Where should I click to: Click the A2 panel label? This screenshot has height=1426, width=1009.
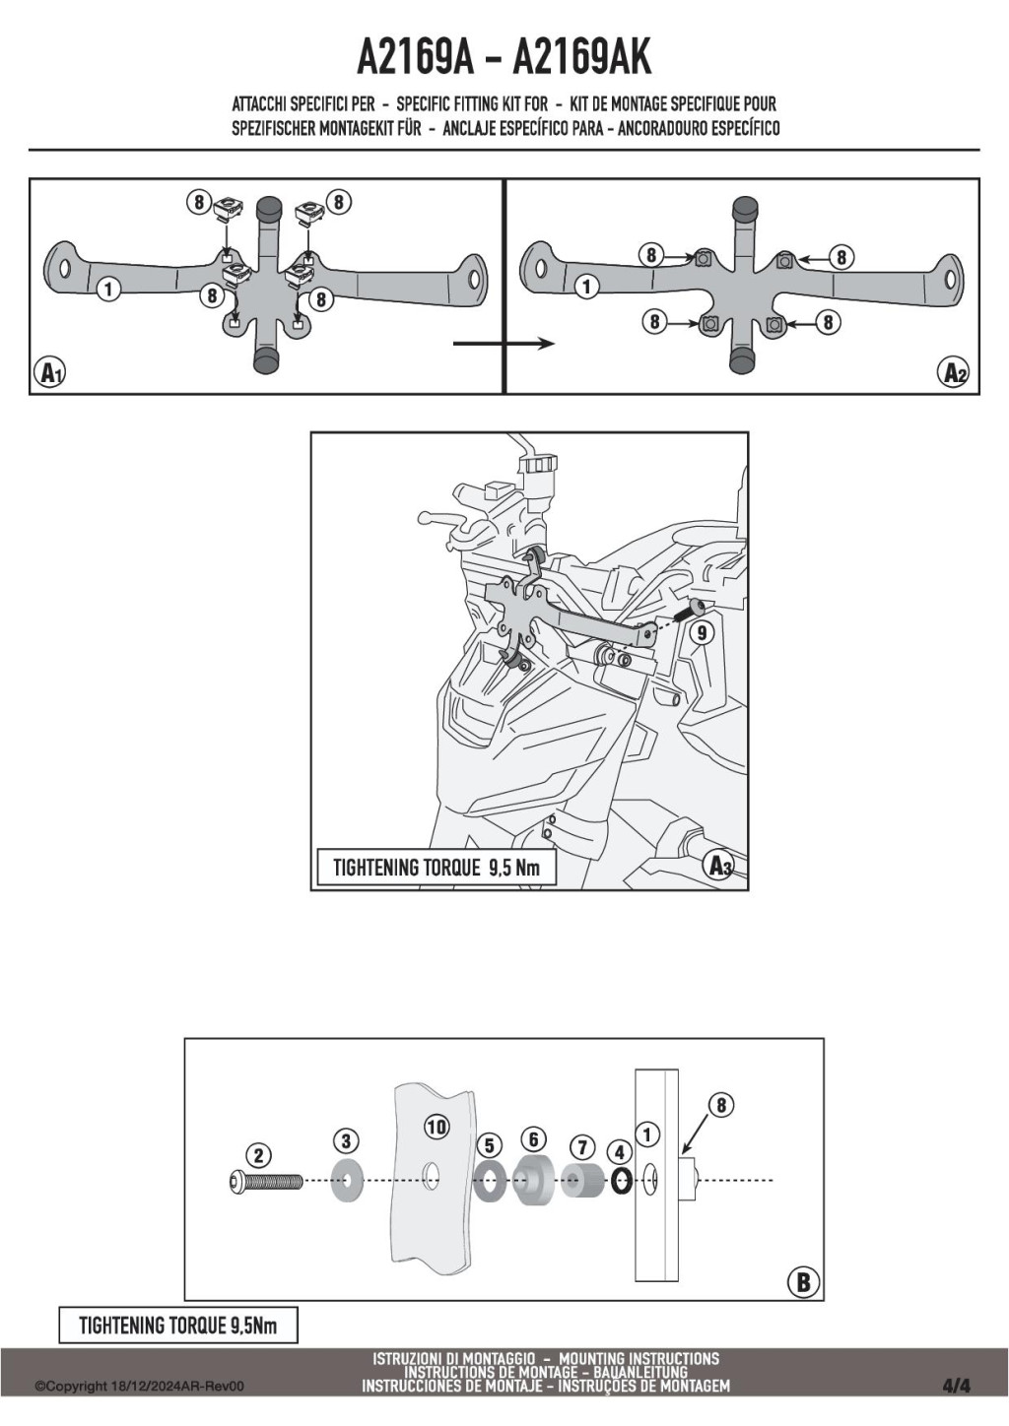click(x=952, y=373)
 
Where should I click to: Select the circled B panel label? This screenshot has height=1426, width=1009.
click(x=803, y=1281)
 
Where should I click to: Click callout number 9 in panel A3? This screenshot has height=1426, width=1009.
click(x=702, y=632)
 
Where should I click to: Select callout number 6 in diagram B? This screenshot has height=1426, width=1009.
click(x=533, y=1138)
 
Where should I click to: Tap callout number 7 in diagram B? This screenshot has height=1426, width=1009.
click(x=582, y=1147)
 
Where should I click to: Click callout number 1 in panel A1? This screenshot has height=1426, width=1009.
click(x=109, y=290)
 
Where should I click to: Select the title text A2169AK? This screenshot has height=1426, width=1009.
click(x=582, y=58)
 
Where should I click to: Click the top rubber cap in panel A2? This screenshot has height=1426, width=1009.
click(x=748, y=207)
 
